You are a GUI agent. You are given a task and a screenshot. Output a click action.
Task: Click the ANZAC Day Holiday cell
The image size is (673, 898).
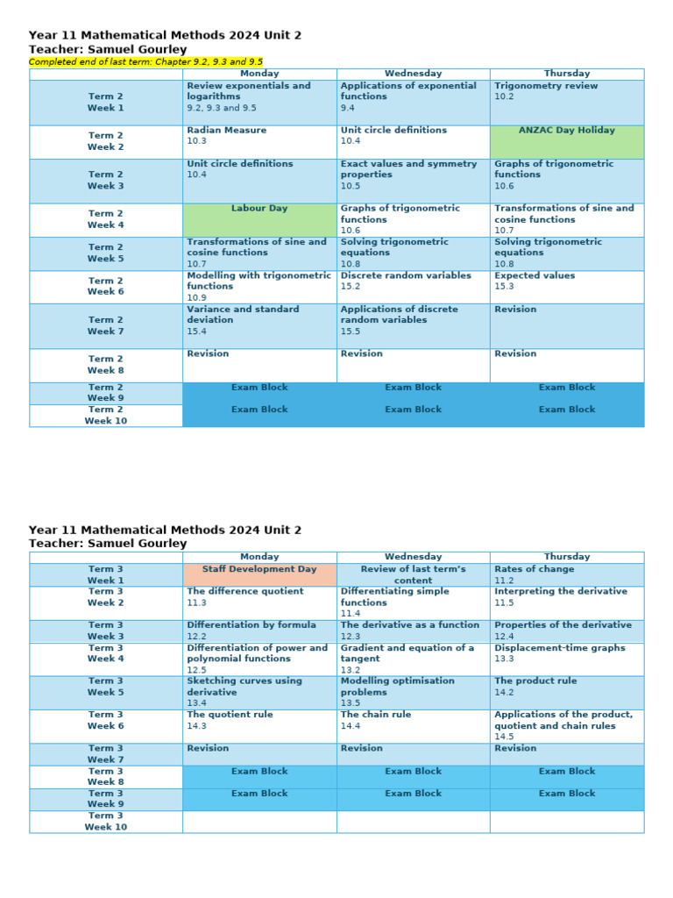tap(567, 141)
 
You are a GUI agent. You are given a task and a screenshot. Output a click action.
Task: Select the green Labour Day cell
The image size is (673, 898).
tap(259, 219)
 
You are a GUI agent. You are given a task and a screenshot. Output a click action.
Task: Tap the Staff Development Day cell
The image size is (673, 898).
tap(259, 574)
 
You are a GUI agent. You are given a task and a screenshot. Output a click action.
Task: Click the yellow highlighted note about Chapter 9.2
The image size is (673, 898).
tap(145, 62)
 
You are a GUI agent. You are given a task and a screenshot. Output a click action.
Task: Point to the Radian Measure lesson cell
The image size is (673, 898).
tap(259, 141)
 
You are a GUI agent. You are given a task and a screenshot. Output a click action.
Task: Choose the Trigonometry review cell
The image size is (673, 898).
tap(567, 102)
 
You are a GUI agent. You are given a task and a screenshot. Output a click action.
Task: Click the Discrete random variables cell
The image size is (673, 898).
tap(413, 286)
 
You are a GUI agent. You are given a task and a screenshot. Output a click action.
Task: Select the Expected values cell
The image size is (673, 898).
tap(567, 286)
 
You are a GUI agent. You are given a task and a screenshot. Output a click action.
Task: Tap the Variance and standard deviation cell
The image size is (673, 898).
tap(259, 325)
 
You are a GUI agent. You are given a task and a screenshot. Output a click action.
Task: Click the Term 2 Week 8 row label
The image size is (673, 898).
tap(105, 365)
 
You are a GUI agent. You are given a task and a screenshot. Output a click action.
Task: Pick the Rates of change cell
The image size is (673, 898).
tap(567, 574)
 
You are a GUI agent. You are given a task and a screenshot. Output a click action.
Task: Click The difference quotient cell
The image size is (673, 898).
tap(259, 602)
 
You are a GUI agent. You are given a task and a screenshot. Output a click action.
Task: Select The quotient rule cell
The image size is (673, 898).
tap(259, 725)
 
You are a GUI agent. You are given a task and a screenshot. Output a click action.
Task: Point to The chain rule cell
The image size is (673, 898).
tap(413, 725)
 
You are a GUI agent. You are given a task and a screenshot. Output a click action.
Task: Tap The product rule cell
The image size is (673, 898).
tap(567, 692)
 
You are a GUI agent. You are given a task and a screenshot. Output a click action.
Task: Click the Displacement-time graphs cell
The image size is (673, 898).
tap(567, 659)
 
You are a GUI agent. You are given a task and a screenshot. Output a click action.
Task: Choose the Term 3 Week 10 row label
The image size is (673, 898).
tap(105, 821)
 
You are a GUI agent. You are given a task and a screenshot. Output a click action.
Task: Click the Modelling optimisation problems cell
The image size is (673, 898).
tap(413, 692)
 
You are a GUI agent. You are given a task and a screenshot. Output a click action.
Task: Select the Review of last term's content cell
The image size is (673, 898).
tap(413, 574)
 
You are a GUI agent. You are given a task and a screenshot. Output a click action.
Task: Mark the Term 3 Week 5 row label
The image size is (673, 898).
tap(105, 692)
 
